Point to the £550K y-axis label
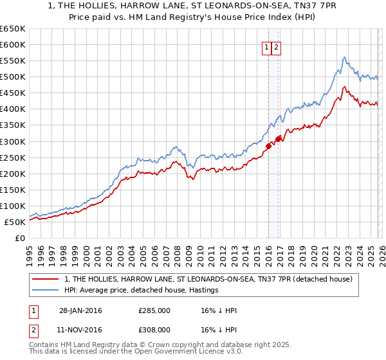coord(13,61)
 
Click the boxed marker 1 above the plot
coord(266,47)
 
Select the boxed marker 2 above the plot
coord(276,47)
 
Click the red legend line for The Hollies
coord(46,280)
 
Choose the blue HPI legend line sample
coord(46,291)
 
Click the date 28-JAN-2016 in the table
coord(80,311)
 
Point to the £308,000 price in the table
coord(154,329)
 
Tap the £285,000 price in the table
coord(154,311)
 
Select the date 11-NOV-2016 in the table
coord(80,329)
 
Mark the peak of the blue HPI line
coord(344,57)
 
